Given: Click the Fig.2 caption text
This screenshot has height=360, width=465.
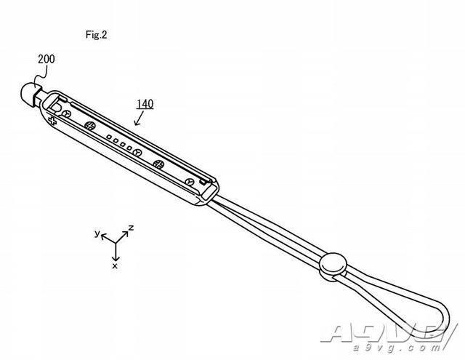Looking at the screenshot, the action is (96, 35).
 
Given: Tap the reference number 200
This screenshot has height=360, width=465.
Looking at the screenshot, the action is (46, 59).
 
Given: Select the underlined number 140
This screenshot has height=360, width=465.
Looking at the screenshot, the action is (145, 104).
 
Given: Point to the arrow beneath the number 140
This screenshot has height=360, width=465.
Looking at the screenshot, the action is (139, 119).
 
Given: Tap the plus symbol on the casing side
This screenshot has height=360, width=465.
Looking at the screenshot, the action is (52, 121).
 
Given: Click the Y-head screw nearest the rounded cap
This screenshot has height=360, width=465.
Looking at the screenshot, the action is (67, 114).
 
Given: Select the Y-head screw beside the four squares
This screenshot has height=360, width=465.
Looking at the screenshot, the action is (138, 153).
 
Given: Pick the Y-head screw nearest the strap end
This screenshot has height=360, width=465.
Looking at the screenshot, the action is (189, 182).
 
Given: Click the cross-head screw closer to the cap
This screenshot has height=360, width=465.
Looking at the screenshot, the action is (89, 126).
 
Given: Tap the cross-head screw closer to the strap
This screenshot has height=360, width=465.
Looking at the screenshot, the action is (158, 164).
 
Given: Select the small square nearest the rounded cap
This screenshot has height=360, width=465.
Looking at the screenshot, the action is (110, 137).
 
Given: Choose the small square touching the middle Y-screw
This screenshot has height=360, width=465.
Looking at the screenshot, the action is (129, 148).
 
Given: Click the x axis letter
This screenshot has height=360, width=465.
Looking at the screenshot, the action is (115, 266).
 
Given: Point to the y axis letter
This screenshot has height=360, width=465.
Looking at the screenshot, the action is (97, 233).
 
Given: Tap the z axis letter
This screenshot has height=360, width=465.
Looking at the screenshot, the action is (131, 228).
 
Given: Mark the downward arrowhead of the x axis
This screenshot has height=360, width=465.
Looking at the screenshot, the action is (116, 258).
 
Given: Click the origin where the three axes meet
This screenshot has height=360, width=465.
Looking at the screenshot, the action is (116, 244).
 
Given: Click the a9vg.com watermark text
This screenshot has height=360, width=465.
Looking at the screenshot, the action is (397, 348).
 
